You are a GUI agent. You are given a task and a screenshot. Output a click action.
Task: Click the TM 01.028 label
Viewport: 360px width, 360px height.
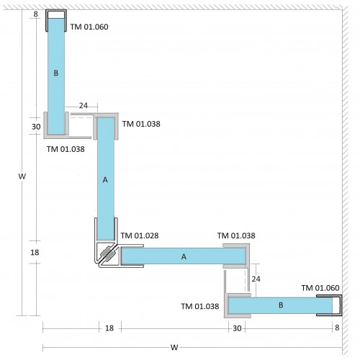coord(140,235)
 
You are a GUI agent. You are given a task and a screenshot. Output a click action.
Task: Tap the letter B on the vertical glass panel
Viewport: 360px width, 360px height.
coord(55,73)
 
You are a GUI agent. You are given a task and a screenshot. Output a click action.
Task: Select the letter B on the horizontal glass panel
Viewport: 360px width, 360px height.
coord(281,305)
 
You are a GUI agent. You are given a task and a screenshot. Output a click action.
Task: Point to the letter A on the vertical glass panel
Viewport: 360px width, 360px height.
coord(105,179)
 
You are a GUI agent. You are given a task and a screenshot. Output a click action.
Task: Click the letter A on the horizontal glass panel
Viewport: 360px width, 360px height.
coord(184,256)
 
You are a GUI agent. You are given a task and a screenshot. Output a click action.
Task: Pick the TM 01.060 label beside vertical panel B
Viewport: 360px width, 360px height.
coord(89,27)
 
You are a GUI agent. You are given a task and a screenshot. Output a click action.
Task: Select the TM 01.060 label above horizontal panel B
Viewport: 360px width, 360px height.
coord(320,288)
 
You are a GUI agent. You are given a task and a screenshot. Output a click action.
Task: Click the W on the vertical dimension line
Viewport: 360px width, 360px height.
coord(22,176)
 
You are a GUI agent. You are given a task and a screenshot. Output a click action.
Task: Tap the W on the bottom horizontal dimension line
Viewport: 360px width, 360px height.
coord(174,347)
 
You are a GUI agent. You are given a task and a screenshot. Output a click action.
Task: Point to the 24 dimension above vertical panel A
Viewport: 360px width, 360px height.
coord(84,105)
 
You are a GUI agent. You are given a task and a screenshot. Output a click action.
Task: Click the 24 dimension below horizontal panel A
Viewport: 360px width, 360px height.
coord(256,279)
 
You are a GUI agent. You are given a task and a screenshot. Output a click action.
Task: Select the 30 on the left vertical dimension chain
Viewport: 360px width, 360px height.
coord(36,127)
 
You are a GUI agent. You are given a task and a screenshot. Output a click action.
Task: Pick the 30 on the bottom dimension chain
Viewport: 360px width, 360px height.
coord(237,328)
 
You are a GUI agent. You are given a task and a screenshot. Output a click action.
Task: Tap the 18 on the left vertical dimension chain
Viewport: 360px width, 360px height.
coord(35,252)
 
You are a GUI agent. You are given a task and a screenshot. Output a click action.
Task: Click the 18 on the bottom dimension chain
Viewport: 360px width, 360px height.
coord(109,328)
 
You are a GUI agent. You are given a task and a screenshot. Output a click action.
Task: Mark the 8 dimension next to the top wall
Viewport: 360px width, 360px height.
coord(35,14)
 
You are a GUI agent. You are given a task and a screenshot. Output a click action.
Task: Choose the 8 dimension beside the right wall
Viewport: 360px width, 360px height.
coord(337,328)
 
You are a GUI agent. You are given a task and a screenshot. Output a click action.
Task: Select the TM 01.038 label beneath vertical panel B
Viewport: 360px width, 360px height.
coord(66,149)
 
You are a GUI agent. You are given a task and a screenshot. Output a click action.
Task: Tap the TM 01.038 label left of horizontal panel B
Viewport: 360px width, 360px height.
coord(200,306)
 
